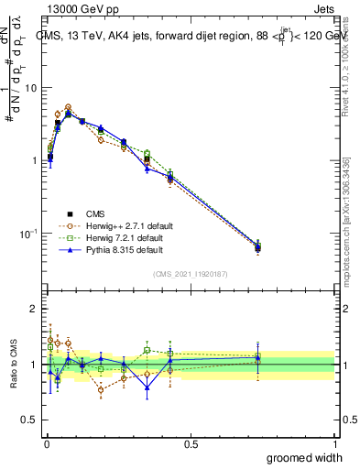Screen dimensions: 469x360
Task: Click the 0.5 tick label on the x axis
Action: click(191, 444)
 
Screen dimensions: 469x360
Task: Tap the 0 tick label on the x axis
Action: click(46, 444)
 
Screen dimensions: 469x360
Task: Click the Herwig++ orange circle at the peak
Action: click(68, 107)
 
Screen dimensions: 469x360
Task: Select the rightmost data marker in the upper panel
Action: click(257, 247)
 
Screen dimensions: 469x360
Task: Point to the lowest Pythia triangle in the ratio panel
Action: click(147, 387)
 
